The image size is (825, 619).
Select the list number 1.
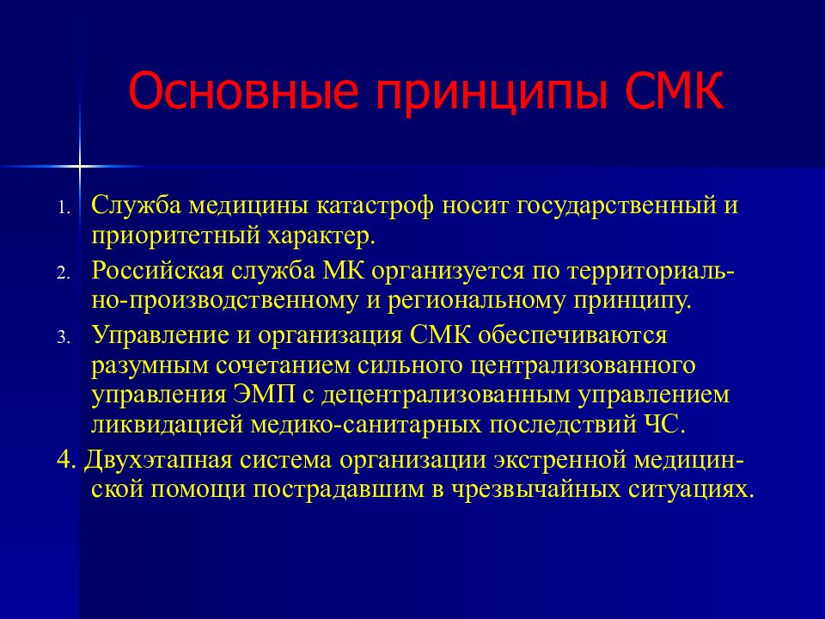tap(64, 207)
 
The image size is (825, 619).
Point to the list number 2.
tap(64, 273)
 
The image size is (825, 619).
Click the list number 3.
tap(64, 337)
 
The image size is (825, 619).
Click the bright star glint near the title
tap(79, 167)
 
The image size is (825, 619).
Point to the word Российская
tap(158, 271)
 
